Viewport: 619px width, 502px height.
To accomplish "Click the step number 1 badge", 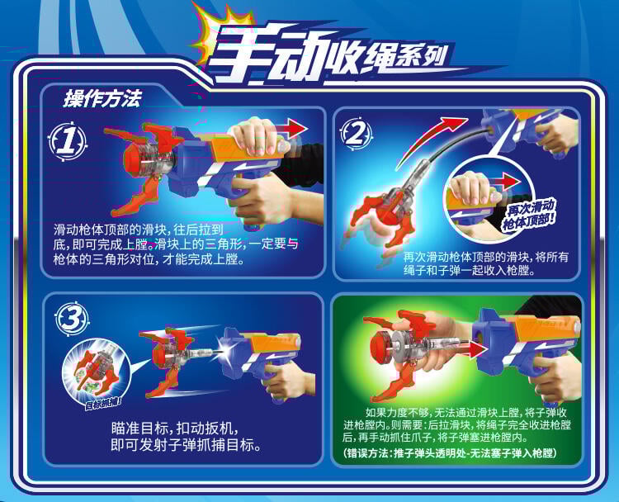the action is click(x=68, y=141).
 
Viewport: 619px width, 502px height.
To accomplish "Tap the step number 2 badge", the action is click(x=357, y=133).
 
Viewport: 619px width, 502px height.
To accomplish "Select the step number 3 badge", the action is click(x=72, y=319).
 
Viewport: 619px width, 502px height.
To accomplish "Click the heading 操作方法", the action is click(x=102, y=98).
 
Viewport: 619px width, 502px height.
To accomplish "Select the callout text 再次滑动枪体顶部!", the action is click(x=530, y=215).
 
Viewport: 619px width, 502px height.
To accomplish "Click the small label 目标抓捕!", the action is click(x=103, y=404).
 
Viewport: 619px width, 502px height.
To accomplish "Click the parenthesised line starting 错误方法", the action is click(x=450, y=452).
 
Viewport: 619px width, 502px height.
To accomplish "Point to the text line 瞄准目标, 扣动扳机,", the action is click(x=175, y=429).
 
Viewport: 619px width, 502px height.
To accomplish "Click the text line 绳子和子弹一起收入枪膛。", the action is click(x=469, y=271).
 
